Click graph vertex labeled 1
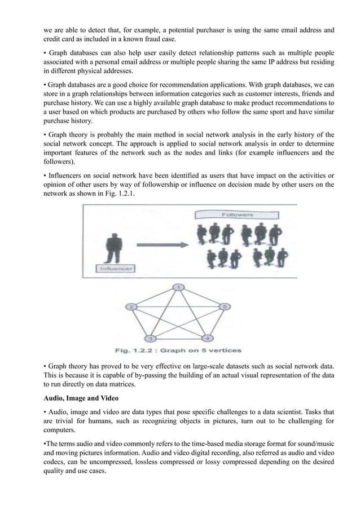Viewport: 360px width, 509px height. [179, 288]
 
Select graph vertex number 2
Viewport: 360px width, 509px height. [131, 306]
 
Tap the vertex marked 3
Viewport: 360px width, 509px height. [150, 338]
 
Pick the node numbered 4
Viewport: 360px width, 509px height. [207, 338]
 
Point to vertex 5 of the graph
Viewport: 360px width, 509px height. [224, 306]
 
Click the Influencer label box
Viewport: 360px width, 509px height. [115, 268]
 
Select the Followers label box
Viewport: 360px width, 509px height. [238, 214]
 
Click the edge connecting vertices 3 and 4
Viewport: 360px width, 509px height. [178, 339]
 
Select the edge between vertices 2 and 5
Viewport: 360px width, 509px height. [178, 306]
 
